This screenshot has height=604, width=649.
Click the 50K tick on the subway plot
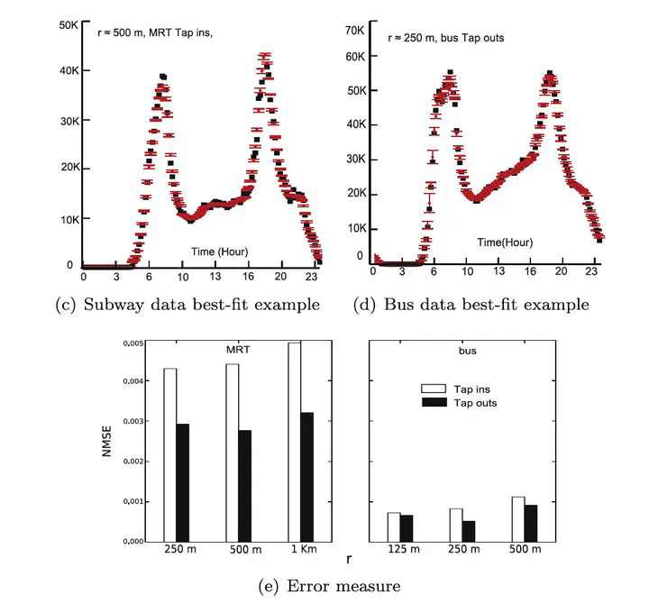(x=68, y=24)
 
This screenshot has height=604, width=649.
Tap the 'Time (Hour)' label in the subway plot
(x=219, y=250)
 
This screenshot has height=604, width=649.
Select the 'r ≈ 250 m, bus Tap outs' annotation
(x=444, y=38)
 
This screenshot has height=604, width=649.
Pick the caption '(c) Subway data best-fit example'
(x=187, y=305)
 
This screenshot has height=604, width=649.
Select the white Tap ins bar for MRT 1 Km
(x=294, y=442)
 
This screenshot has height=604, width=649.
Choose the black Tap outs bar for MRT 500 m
(x=245, y=486)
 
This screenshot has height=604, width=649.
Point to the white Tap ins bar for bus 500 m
(x=518, y=519)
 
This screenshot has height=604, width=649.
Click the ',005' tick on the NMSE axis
(x=133, y=343)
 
